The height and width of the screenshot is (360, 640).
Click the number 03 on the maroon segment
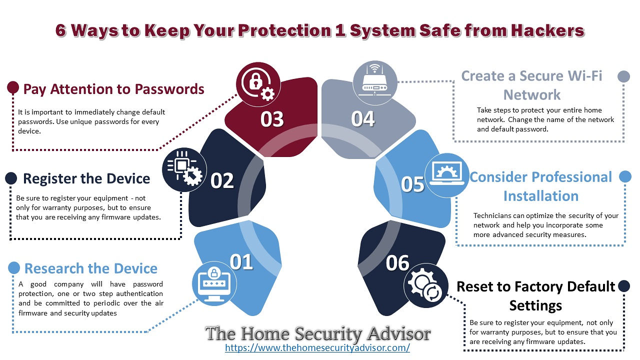click(x=272, y=119)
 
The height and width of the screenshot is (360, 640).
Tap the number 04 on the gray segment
click(x=363, y=119)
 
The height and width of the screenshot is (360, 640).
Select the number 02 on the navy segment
click(x=222, y=180)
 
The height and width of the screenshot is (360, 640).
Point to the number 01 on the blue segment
click(x=241, y=261)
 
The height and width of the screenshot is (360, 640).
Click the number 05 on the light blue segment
click(x=412, y=184)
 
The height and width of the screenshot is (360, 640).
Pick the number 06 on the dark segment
click(x=397, y=263)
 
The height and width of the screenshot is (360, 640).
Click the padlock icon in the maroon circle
click(x=258, y=84)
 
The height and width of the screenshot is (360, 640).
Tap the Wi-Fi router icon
click(x=374, y=83)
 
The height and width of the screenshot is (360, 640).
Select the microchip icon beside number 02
click(x=184, y=169)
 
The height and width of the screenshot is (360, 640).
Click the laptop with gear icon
click(x=447, y=175)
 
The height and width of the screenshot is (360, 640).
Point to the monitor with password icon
click(x=214, y=283)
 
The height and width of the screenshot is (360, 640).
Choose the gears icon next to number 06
click(x=425, y=285)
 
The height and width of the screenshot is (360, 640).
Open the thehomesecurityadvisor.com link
click(x=317, y=347)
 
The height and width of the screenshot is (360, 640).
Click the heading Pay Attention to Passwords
click(x=113, y=89)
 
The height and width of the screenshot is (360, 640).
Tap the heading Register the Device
click(x=86, y=178)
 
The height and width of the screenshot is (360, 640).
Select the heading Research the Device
click(x=91, y=268)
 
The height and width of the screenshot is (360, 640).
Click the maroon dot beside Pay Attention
click(x=13, y=87)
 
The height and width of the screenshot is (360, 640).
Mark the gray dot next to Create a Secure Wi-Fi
click(x=623, y=76)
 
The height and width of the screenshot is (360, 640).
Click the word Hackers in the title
click(x=547, y=30)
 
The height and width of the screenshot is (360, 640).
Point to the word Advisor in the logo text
click(x=399, y=333)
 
